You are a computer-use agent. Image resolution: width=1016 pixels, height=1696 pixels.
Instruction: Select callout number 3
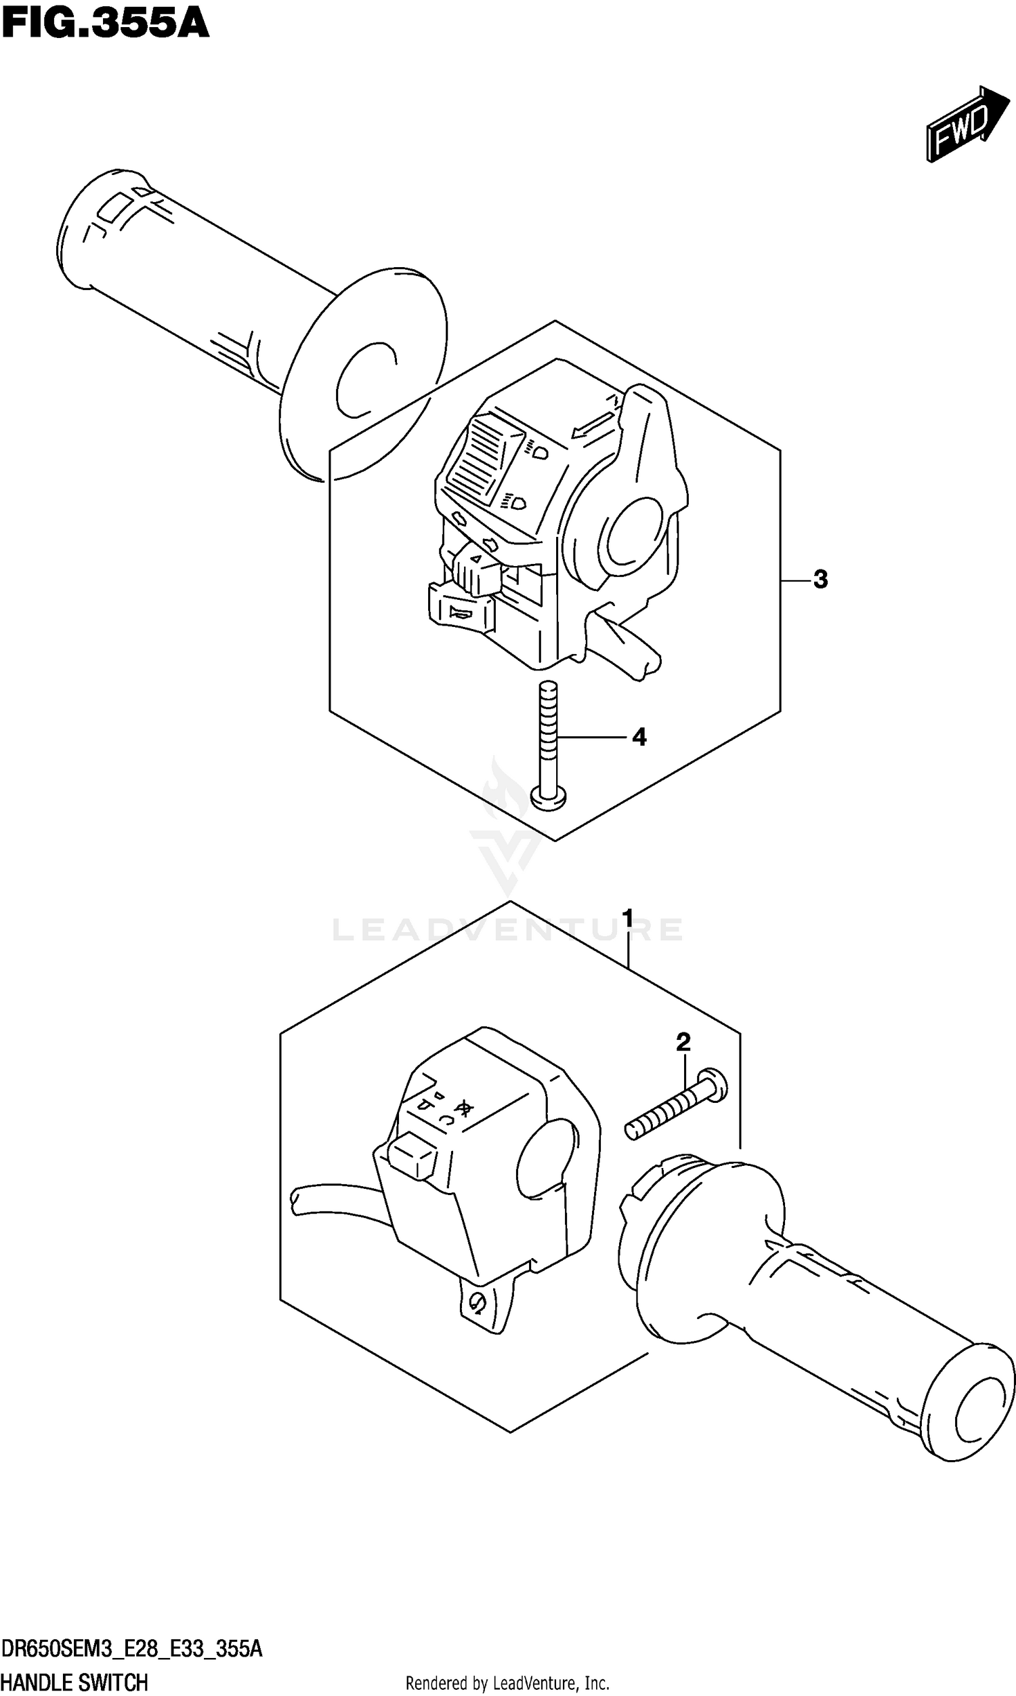820,580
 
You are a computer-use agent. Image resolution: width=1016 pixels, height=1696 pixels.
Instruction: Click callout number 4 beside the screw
639,737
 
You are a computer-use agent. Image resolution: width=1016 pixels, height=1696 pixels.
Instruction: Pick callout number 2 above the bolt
683,1042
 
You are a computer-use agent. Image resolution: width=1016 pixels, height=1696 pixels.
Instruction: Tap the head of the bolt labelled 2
714,1085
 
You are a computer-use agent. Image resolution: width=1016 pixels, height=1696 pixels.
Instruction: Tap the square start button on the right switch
411,1156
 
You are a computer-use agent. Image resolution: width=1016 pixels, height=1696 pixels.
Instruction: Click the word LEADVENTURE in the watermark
507,929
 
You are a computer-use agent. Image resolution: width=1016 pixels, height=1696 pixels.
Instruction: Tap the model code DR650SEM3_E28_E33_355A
131,1648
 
